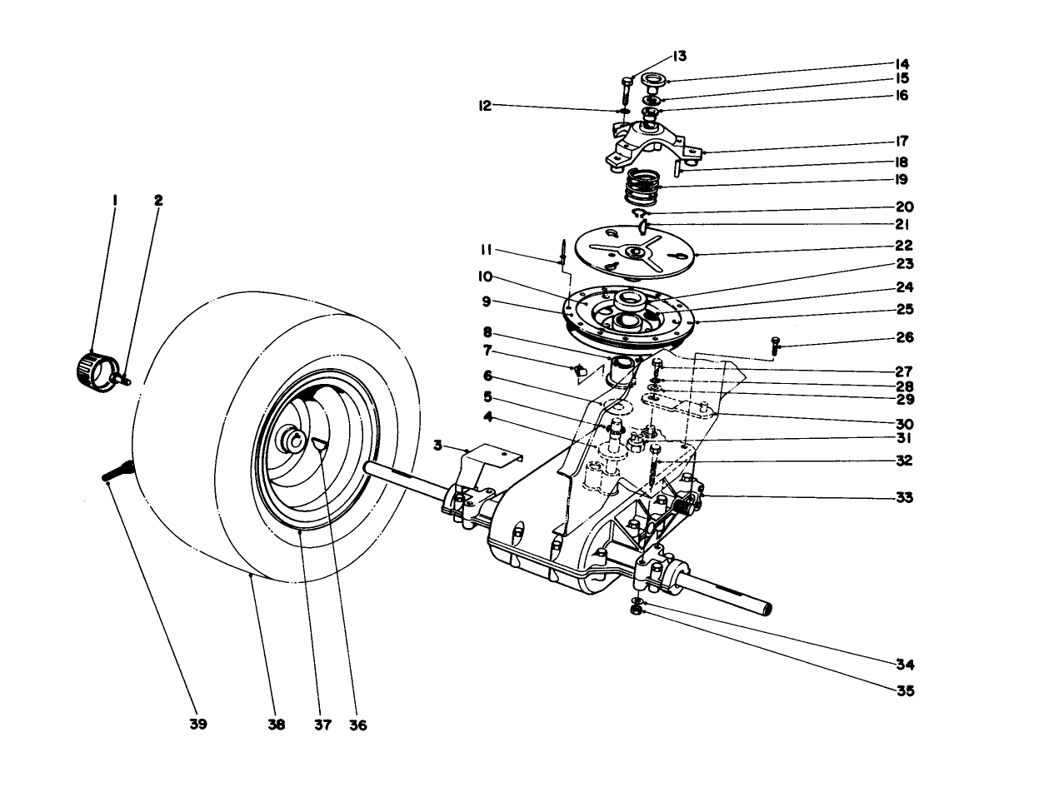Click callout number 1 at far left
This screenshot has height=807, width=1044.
tap(114, 200)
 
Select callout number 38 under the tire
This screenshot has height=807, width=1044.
tap(277, 724)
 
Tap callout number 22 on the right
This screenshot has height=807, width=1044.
tap(904, 246)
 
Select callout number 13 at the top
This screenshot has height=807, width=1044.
tap(679, 57)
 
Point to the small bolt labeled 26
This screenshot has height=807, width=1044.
tap(777, 344)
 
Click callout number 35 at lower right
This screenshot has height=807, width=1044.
tap(904, 690)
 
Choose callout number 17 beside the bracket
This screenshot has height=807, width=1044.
tap(902, 141)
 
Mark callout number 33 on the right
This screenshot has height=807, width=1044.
tap(904, 498)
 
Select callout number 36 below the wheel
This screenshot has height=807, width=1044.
tap(357, 725)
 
